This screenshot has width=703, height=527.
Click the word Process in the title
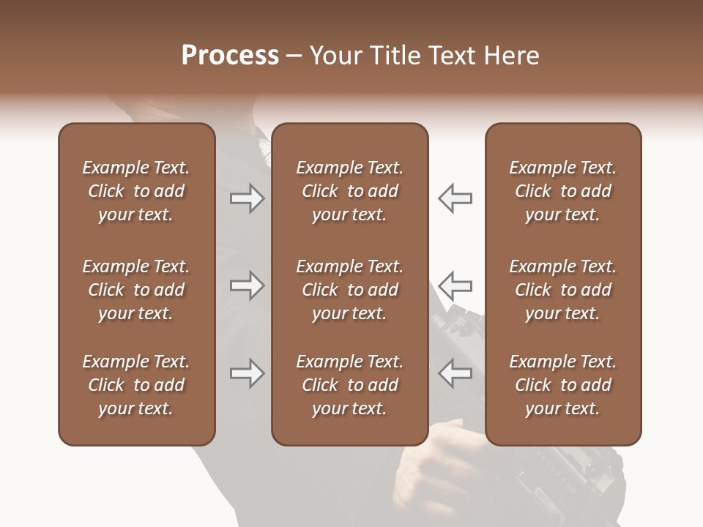(x=230, y=56)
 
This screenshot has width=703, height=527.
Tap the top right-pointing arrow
(x=247, y=198)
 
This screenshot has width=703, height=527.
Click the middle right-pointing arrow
(x=247, y=285)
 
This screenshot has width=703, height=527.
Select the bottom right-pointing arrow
(x=247, y=373)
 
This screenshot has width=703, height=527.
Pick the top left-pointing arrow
(x=455, y=198)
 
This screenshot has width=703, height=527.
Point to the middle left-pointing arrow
(x=455, y=285)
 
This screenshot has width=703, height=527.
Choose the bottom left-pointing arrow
(x=455, y=373)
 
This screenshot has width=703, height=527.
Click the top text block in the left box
(x=136, y=191)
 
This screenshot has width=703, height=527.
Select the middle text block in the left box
(x=136, y=290)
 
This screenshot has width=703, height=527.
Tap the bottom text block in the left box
(x=136, y=385)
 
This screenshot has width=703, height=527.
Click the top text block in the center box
(x=349, y=191)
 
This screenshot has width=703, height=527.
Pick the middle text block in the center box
(x=349, y=290)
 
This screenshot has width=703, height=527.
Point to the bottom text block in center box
(x=349, y=385)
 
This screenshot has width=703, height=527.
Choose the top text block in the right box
(x=562, y=191)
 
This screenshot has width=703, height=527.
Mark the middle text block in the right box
(x=562, y=290)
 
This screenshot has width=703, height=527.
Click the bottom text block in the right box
(x=562, y=385)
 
